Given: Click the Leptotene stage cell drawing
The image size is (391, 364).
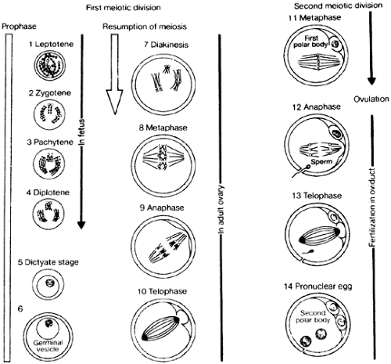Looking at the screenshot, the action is pyautogui.click(x=50, y=65).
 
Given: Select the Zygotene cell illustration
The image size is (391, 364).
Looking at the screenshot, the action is pyautogui.click(x=49, y=114).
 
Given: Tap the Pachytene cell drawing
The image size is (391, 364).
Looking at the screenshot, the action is pyautogui.click(x=48, y=164).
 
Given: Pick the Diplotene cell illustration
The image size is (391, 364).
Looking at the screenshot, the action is pyautogui.click(x=48, y=214).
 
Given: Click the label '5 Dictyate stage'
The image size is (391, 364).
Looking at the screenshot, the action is pyautogui.click(x=48, y=262).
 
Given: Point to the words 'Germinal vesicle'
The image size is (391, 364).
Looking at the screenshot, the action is pyautogui.click(x=48, y=346).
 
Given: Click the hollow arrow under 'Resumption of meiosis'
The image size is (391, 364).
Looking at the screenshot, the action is pyautogui.click(x=114, y=74).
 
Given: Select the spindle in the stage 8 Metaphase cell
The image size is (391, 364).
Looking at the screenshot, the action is pyautogui.click(x=163, y=157).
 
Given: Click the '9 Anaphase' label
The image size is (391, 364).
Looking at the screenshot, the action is pyautogui.click(x=162, y=207).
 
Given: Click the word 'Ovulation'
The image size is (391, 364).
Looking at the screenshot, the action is pyautogui.click(x=371, y=99).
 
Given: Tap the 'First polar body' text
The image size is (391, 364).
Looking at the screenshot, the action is pyautogui.click(x=310, y=41).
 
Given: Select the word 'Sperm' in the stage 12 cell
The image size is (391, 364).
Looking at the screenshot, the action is pyautogui.click(x=321, y=162).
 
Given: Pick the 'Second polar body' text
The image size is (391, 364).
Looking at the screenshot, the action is pyautogui.click(x=313, y=316).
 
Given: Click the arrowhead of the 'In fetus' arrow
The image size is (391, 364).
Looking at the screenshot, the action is pyautogui.click(x=81, y=225).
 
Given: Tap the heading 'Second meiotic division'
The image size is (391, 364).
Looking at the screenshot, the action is pyautogui.click(x=339, y=5).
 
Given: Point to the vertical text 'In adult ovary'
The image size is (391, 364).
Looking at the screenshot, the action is pyautogui.click(x=221, y=209).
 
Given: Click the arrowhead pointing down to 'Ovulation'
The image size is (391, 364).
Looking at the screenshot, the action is pyautogui.click(x=371, y=81).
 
